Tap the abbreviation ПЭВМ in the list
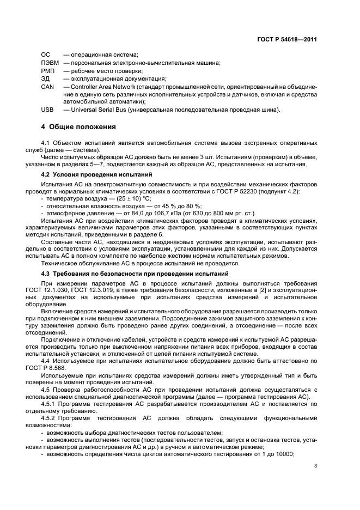[x=50, y=63]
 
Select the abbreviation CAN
[x=47, y=86]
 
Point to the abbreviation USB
[x=47, y=110]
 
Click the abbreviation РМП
[x=48, y=70]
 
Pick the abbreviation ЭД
[x=46, y=78]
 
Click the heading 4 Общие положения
[x=78, y=127]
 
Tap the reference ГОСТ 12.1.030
[x=57, y=292]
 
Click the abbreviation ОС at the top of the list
[x=46, y=55]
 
